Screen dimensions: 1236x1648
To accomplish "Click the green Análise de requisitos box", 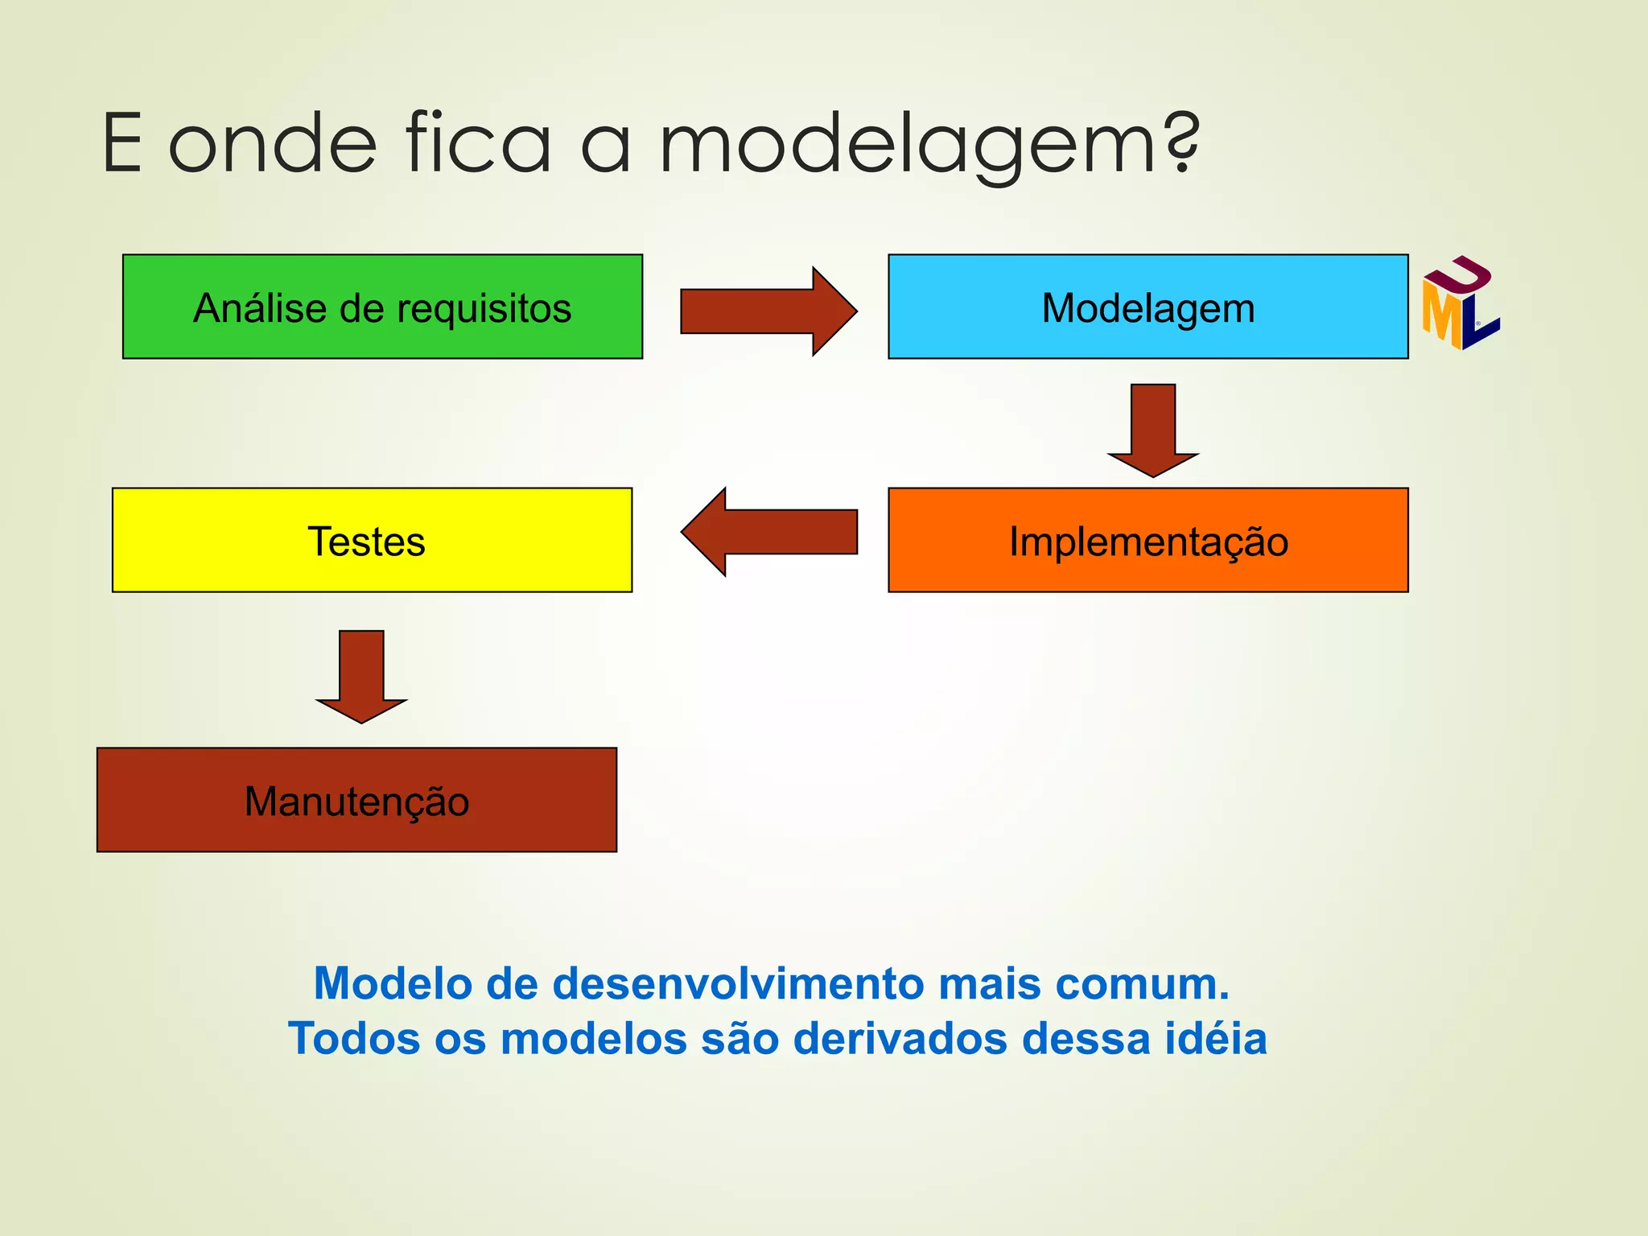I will pyautogui.click(x=382, y=307).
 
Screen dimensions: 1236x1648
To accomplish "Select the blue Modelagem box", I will pyautogui.click(x=1147, y=307).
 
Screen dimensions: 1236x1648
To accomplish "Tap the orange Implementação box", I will pyautogui.click(x=1147, y=540).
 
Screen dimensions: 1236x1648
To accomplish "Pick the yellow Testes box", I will pyautogui.click(x=372, y=540).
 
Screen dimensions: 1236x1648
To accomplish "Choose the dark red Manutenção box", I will pyautogui.click(x=356, y=800).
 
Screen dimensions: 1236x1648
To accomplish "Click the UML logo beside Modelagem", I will pyautogui.click(x=1460, y=303).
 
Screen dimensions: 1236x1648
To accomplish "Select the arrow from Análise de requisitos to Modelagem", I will pyautogui.click(x=768, y=311).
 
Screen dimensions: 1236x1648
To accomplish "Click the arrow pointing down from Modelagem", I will pyautogui.click(x=1152, y=431).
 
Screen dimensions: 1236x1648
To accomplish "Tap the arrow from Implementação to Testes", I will pyautogui.click(x=768, y=532).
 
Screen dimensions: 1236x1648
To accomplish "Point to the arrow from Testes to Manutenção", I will pyautogui.click(x=361, y=677).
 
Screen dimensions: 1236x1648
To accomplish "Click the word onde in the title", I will pyautogui.click(x=272, y=145).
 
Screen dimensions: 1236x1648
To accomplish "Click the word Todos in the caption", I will pyautogui.click(x=354, y=1038).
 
